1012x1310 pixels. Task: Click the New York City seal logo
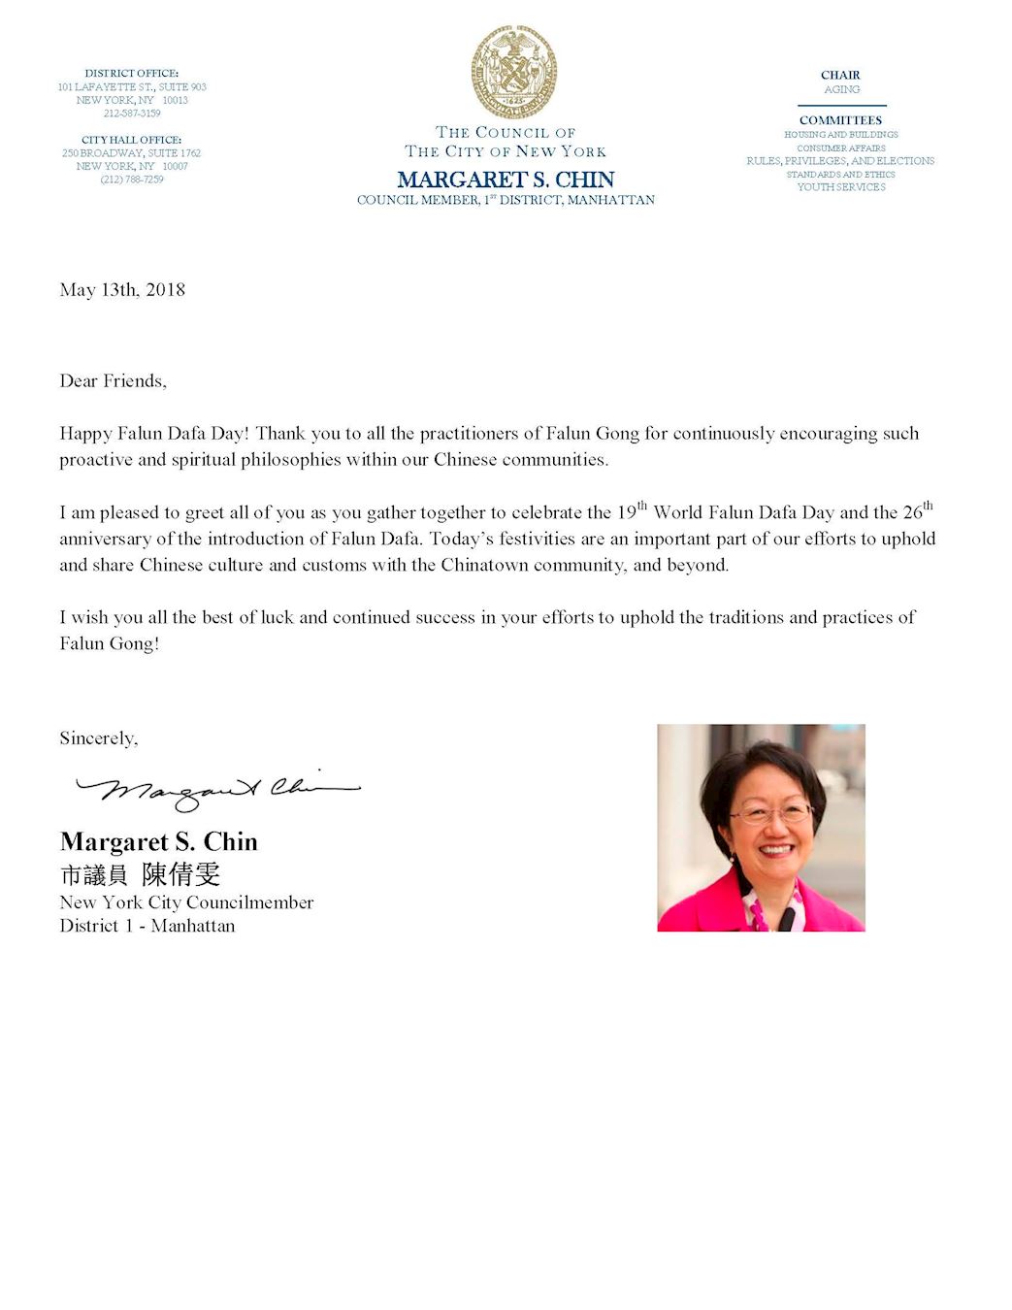(x=513, y=73)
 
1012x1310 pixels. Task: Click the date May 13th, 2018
(x=122, y=290)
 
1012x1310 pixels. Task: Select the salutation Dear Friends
(x=113, y=381)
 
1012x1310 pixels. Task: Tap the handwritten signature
(x=217, y=790)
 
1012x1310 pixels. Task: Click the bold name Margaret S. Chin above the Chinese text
(x=159, y=842)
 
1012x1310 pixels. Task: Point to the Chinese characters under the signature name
(x=141, y=874)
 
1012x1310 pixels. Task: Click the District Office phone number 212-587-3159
(x=132, y=114)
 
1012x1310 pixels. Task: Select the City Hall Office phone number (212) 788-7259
(x=132, y=180)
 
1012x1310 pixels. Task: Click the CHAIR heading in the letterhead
(x=840, y=75)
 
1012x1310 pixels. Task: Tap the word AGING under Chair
(x=841, y=89)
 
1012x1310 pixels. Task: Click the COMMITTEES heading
(x=840, y=120)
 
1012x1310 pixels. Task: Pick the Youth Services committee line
(x=841, y=187)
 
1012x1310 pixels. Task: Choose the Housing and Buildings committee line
(x=841, y=135)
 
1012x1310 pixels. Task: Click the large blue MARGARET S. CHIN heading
(x=506, y=180)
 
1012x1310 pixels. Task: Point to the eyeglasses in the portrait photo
(x=771, y=814)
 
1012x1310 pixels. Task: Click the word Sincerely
(x=98, y=738)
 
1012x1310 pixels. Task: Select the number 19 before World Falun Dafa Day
(x=627, y=512)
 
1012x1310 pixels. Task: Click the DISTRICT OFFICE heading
(x=132, y=73)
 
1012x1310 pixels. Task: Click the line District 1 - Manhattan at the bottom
(x=147, y=926)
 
